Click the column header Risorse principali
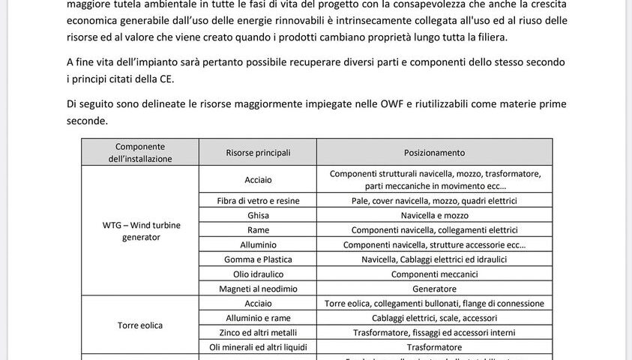[x=258, y=152]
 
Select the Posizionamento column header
[x=434, y=152]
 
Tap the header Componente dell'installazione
[x=140, y=152]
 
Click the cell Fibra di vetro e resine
[x=258, y=200]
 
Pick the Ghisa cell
[x=258, y=215]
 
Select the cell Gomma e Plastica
[x=258, y=259]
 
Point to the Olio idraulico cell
[x=258, y=274]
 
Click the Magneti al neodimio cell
[x=258, y=289]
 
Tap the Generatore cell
[x=434, y=289]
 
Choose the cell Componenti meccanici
[x=434, y=274]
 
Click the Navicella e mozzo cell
[x=434, y=215]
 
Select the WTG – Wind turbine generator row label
[x=140, y=231]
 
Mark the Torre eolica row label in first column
[x=140, y=325]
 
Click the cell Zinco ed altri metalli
[x=258, y=332]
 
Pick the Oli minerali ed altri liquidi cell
[x=258, y=347]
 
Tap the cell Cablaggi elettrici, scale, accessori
[x=434, y=318]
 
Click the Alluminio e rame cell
[x=258, y=318]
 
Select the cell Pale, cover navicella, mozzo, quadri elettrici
[x=434, y=200]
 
